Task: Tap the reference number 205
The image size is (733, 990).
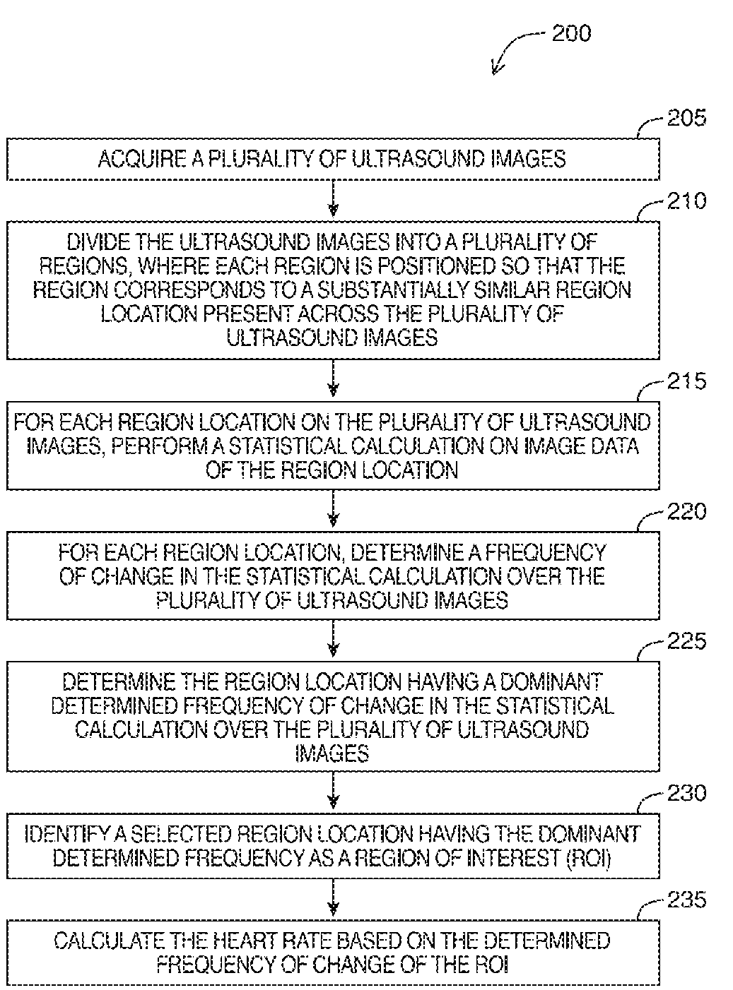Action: tap(686, 118)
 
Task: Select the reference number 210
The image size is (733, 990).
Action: tap(686, 201)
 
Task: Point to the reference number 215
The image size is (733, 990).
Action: tap(686, 382)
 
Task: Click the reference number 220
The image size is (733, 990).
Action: tap(686, 511)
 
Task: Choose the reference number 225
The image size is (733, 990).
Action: tap(686, 641)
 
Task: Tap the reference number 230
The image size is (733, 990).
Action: tap(686, 794)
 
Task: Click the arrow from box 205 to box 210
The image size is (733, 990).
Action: tap(334, 200)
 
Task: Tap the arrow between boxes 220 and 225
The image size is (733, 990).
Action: tap(334, 640)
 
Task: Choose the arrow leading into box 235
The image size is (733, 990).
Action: tap(334, 900)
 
